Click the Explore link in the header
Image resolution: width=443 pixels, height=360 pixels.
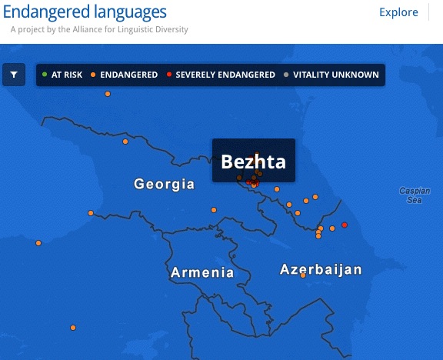398,12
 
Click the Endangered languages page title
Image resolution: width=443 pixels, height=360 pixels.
85,12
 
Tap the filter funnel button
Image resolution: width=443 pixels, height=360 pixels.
15,75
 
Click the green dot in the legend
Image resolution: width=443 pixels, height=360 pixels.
45,75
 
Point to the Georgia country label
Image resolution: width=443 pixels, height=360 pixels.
164,185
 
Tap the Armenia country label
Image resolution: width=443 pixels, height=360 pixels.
202,272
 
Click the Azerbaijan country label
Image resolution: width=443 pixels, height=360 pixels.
321,270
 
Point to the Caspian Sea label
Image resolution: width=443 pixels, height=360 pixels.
414,195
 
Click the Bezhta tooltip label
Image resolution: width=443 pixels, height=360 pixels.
253,162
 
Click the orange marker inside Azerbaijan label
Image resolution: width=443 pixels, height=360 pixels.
303,275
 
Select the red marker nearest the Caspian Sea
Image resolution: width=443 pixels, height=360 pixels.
345,225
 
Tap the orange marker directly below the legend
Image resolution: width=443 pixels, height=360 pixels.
108,94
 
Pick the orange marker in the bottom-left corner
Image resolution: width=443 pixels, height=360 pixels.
73,328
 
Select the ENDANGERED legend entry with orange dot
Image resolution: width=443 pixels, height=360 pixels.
124,75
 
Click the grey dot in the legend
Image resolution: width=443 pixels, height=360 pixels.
287,75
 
